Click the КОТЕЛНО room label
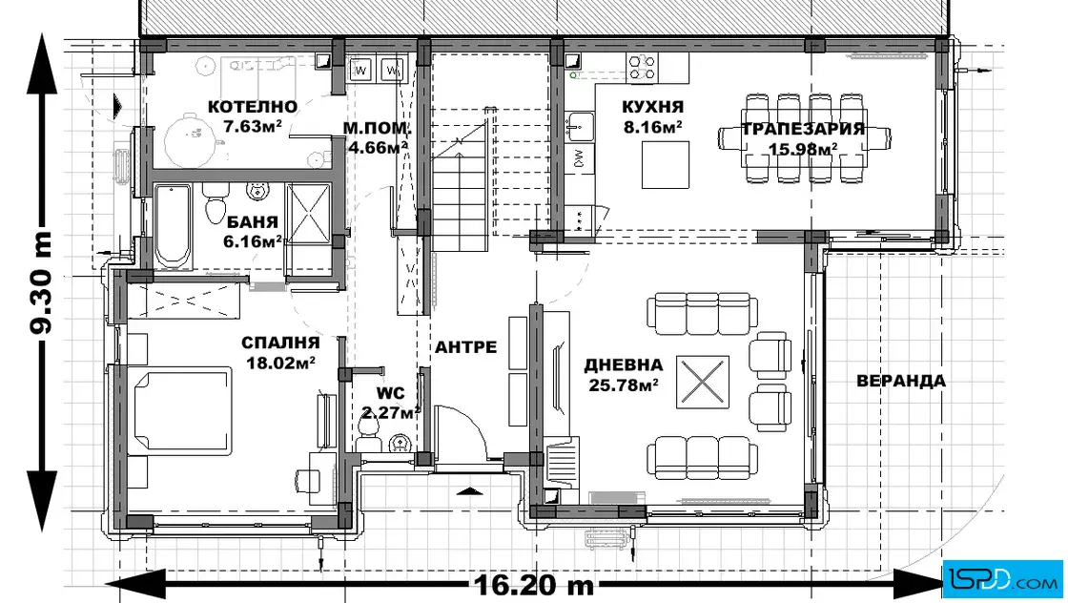click(252, 106)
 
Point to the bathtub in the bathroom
click(173, 226)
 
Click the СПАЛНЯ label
click(280, 343)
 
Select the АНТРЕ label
click(465, 346)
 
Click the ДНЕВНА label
click(623, 365)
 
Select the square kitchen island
click(666, 164)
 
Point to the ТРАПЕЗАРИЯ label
click(803, 129)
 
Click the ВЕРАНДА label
click(900, 381)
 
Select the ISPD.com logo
click(1004, 577)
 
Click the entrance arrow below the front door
click(470, 490)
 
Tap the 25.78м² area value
click(623, 385)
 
